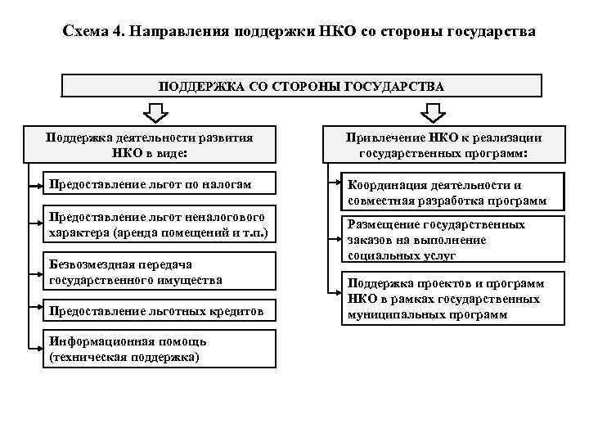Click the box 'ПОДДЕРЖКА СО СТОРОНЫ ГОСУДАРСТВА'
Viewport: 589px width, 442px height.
(302, 86)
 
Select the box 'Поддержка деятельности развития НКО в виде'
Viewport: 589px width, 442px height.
(149, 145)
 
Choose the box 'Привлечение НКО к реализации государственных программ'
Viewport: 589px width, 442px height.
(443, 145)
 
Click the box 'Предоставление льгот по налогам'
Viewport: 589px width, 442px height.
(156, 184)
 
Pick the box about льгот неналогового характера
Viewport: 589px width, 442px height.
(156, 225)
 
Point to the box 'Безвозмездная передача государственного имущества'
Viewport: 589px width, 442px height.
(156, 272)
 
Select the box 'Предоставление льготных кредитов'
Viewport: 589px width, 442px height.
(156, 311)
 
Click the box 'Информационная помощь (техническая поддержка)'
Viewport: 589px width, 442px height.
(156, 350)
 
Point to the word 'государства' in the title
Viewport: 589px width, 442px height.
(491, 32)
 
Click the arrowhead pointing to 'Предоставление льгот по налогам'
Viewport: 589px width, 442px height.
(42, 184)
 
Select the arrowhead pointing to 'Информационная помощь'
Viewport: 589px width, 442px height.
(42, 350)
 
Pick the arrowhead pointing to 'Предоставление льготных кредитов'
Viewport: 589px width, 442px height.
(42, 311)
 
